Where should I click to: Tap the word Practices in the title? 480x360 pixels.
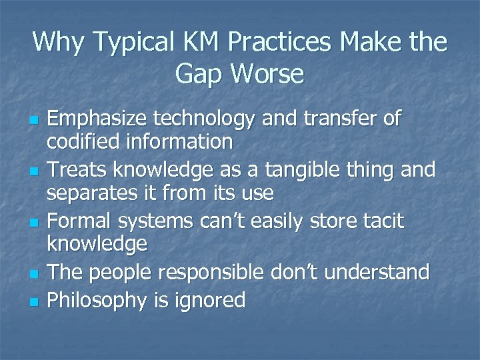click(x=281, y=43)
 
